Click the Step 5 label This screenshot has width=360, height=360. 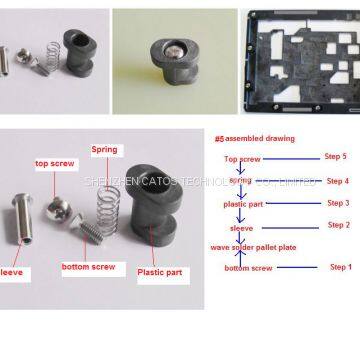[x=336, y=156]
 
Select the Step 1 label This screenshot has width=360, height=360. [x=340, y=267]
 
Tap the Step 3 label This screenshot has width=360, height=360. [x=336, y=202]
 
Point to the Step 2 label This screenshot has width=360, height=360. [x=336, y=225]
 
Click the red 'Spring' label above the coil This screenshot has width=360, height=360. [x=104, y=149]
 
